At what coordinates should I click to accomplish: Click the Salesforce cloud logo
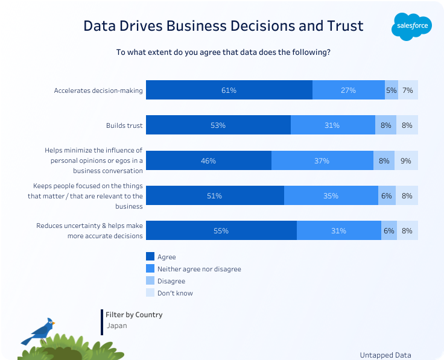click(411, 26)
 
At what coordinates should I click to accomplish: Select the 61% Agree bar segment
click(229, 90)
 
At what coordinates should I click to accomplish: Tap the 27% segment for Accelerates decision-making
click(348, 90)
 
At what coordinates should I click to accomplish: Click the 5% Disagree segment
click(391, 90)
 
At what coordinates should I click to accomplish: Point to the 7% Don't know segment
click(408, 90)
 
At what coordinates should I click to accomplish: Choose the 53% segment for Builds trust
click(218, 125)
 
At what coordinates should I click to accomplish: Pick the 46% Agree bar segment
click(208, 161)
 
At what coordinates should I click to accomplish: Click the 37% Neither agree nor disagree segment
click(322, 161)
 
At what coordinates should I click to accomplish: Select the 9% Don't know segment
click(406, 161)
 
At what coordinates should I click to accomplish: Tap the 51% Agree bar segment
click(215, 196)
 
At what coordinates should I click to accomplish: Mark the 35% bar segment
click(331, 196)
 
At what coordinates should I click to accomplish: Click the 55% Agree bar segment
click(221, 231)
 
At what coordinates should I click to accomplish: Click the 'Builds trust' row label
click(124, 125)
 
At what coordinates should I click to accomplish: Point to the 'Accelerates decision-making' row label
click(98, 90)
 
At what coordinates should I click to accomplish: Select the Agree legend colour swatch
click(150, 257)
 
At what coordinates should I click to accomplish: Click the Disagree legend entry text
click(171, 281)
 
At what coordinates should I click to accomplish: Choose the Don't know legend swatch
click(150, 293)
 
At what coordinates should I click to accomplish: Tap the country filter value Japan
click(116, 326)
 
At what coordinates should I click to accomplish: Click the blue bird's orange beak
click(54, 323)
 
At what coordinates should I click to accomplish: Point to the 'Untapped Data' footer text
click(385, 355)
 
